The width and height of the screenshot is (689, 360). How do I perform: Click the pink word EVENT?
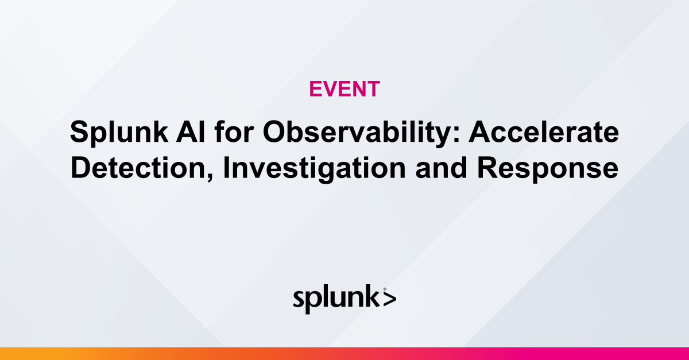[x=344, y=89]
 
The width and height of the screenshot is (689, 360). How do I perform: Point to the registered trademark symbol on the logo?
[x=384, y=289]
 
